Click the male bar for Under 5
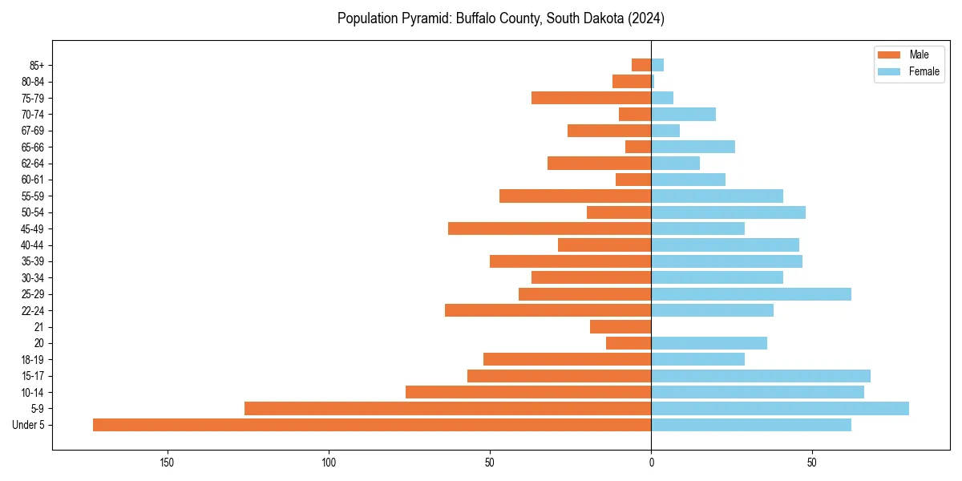(372, 425)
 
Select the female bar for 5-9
(780, 409)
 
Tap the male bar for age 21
(620, 327)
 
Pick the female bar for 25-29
(751, 294)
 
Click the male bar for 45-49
(549, 228)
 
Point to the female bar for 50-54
(728, 212)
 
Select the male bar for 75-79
(591, 98)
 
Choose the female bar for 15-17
(761, 376)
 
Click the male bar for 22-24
(548, 310)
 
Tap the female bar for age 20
(709, 343)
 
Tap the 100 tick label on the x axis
(329, 463)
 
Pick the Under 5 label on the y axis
(28, 425)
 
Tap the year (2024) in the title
(646, 18)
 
